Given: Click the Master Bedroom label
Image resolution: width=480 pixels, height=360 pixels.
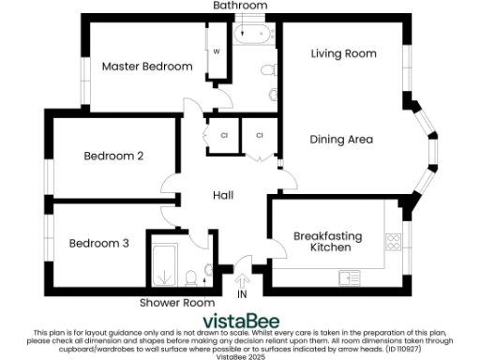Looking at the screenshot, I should coord(146,67).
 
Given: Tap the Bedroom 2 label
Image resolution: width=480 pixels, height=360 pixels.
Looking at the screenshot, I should coord(112,156).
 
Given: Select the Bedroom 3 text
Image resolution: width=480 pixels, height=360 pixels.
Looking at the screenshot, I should coord(98,243).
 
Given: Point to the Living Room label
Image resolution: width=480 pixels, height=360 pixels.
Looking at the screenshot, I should coord(343,54).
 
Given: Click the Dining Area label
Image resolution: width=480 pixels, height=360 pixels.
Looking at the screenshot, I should coord(341,140).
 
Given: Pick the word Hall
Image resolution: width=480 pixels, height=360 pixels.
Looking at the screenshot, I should coord(223,195).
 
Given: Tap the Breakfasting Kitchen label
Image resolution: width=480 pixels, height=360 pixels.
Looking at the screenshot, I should coord(322,242).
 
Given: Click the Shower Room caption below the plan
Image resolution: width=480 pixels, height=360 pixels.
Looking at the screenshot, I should coord(177,303).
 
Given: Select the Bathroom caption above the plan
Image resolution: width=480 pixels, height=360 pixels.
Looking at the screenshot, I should coord(239,6).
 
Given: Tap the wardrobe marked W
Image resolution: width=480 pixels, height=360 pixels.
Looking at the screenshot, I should coord(216,52).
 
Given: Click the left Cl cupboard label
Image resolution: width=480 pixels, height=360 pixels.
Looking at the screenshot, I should coord(223,136).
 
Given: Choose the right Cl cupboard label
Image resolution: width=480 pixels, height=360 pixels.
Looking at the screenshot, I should coord(260,136).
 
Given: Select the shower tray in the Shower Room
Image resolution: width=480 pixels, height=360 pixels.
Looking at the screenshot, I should coord(165,264).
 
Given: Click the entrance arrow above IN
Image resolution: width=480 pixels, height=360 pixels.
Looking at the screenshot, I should coord(244,278).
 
